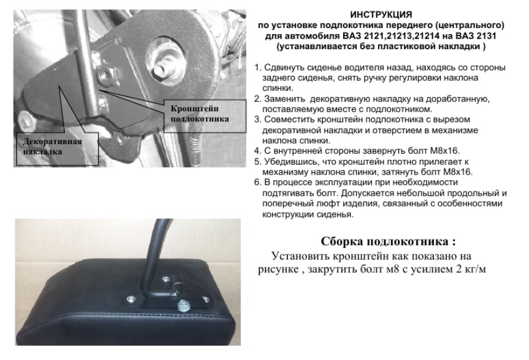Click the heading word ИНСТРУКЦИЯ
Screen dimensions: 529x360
coord(381,15)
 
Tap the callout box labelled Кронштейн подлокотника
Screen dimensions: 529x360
coord(205,116)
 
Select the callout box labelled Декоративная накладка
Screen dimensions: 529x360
coord(57,149)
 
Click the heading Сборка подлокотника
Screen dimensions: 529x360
coord(388,242)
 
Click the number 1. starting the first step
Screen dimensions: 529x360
coord(258,68)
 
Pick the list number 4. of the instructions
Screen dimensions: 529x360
coord(258,151)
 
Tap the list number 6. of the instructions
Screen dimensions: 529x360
coord(258,183)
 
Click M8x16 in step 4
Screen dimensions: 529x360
coord(445,151)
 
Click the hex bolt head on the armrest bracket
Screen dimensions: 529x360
coord(183,305)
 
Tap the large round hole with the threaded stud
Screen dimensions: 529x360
coord(165,60)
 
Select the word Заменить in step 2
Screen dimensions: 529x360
coord(285,99)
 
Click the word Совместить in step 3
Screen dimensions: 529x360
coord(290,120)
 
